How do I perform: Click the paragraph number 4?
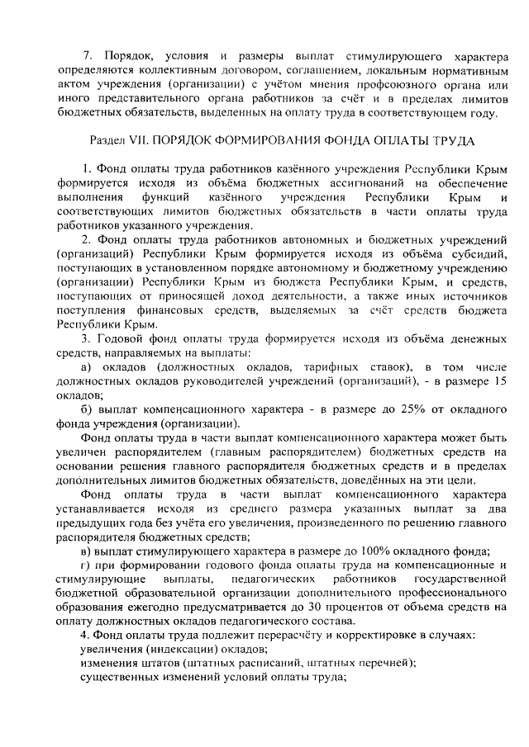pyautogui.click(x=84, y=637)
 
